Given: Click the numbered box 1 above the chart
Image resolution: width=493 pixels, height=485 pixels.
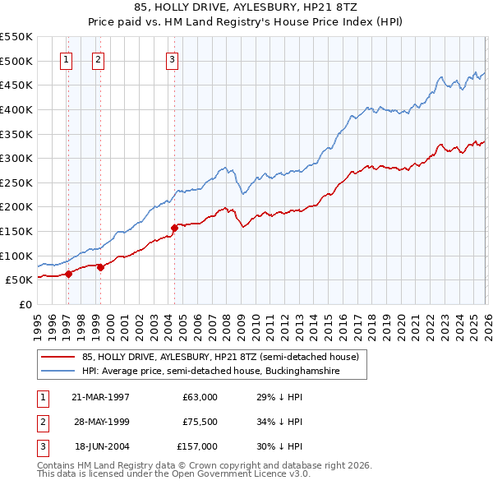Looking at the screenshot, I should tap(66, 58).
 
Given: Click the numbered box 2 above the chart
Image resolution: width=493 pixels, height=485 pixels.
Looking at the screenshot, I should tap(98, 58).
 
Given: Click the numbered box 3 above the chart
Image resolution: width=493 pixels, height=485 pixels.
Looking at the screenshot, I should tap(172, 58).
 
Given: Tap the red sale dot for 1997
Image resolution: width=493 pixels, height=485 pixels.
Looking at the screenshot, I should tap(69, 274).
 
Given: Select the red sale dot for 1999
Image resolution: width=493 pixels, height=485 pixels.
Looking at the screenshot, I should tap(100, 267).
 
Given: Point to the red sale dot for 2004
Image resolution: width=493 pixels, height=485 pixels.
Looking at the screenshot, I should tap(174, 228).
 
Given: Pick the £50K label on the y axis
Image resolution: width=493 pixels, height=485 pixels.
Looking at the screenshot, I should tap(19, 279).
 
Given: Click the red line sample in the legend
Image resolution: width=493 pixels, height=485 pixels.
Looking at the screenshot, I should tap(58, 358).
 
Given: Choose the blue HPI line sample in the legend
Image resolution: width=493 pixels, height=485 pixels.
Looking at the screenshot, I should tap(58, 372).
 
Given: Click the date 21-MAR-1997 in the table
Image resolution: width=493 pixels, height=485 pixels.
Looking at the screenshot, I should tap(100, 396).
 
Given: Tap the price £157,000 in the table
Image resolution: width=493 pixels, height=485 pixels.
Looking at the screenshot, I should tap(198, 446).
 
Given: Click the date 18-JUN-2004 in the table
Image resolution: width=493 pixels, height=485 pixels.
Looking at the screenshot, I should tap(100, 446).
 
